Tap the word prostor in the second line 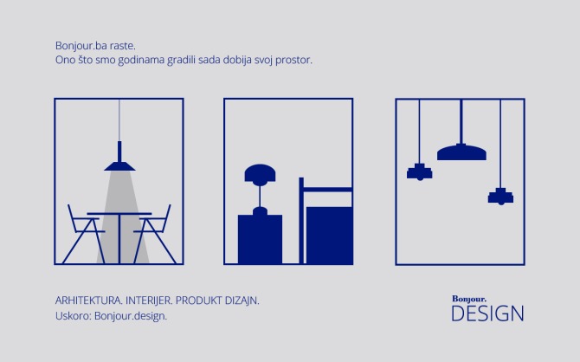292,61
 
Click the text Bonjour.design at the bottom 130,315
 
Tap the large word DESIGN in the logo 487,313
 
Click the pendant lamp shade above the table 119,164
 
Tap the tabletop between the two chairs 119,214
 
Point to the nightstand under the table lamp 260,239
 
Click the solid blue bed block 330,235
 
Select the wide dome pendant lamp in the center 461,152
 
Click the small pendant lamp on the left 420,171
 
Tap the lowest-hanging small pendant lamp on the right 500,197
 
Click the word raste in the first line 123,45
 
